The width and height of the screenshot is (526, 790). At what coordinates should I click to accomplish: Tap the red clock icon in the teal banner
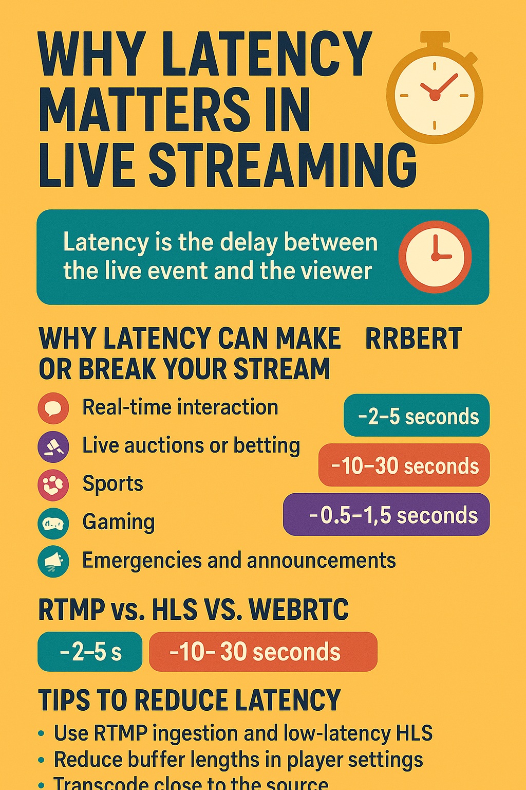click(435, 257)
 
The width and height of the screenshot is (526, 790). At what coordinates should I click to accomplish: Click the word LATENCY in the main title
click(267, 54)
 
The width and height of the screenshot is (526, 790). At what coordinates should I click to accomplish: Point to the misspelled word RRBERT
click(413, 339)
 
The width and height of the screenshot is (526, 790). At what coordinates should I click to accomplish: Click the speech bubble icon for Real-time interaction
click(53, 408)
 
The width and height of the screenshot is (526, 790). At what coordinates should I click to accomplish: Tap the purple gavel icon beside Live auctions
click(53, 446)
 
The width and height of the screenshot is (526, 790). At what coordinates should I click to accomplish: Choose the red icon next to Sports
click(53, 484)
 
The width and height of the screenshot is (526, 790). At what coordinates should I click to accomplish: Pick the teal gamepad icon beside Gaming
click(53, 523)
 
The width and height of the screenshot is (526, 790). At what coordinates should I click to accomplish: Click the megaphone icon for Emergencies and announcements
click(53, 561)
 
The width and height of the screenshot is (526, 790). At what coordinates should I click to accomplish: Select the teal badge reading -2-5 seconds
click(417, 416)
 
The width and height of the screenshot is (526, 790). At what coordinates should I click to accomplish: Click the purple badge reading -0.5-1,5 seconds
click(386, 515)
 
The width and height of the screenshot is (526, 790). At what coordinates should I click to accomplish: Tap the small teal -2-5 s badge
click(90, 652)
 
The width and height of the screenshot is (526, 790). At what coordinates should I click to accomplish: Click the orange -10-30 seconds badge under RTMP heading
click(263, 652)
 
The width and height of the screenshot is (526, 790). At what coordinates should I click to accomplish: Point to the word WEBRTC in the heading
click(298, 610)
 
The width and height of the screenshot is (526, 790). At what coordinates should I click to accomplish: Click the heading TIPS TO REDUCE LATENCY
click(190, 701)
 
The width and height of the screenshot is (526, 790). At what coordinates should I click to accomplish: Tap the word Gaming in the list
click(119, 522)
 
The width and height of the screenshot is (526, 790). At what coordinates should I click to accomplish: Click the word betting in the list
click(267, 446)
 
